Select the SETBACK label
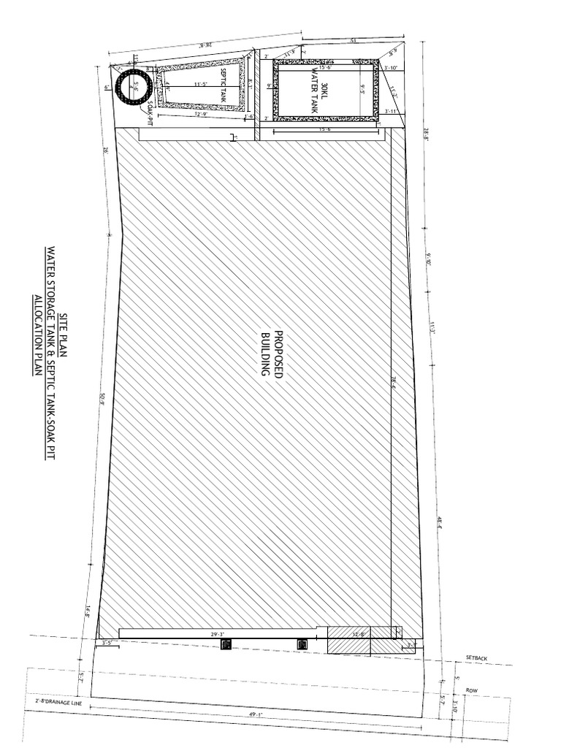pyautogui.click(x=476, y=659)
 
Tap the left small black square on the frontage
pyautogui.click(x=226, y=644)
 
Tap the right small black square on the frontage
pyautogui.click(x=300, y=644)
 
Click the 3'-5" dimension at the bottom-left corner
pyautogui.click(x=107, y=643)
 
